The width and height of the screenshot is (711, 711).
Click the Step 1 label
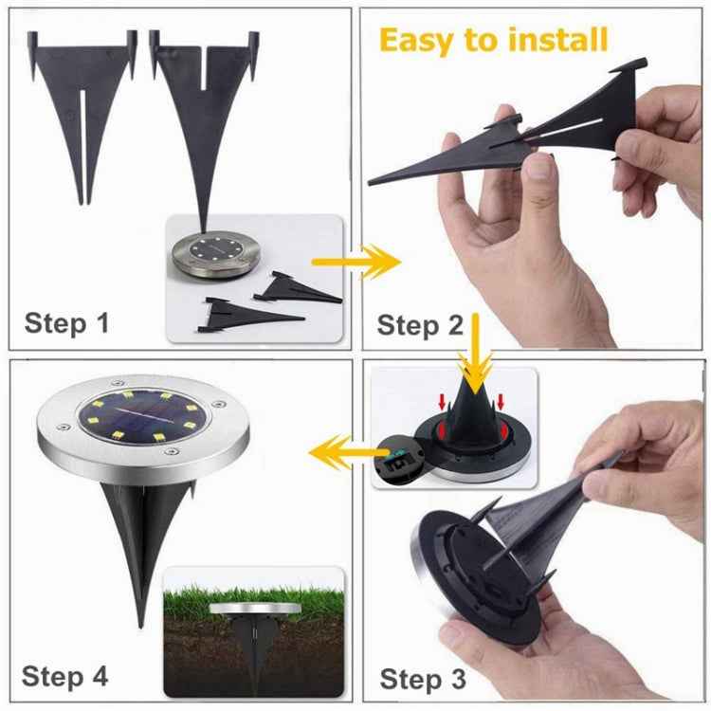pyautogui.click(x=66, y=322)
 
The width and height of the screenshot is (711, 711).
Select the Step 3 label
pyautogui.click(x=423, y=680)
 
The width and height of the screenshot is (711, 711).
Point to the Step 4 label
pyautogui.click(x=65, y=676)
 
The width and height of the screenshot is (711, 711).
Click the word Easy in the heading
pyautogui.click(x=421, y=40)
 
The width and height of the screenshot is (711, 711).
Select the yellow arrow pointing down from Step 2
pyautogui.click(x=474, y=351)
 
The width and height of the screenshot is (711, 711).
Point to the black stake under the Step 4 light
pyautogui.click(x=142, y=531)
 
